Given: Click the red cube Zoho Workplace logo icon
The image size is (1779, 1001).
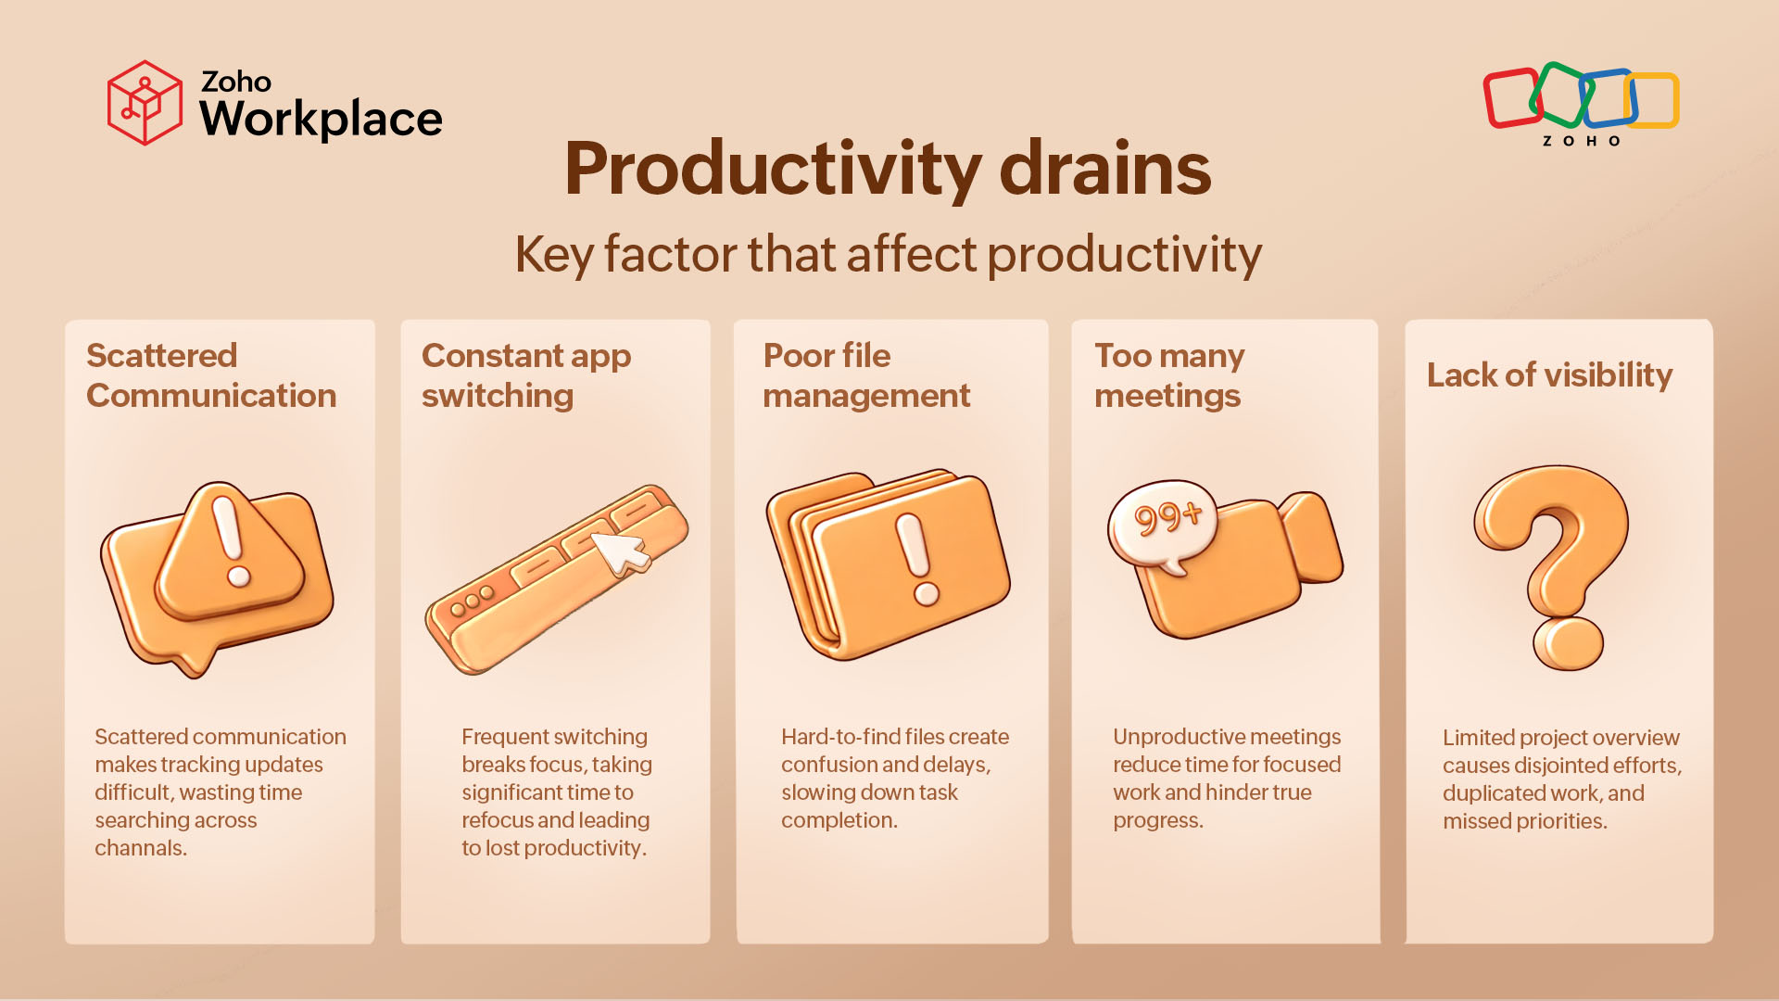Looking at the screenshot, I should [x=145, y=103].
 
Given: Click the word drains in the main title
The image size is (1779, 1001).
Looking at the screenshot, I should [x=1104, y=169].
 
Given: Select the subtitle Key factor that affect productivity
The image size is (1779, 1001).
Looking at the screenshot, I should [x=888, y=254].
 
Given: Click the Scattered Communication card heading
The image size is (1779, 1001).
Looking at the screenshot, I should [x=211, y=375].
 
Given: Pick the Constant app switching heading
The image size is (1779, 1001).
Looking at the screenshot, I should [x=525, y=375].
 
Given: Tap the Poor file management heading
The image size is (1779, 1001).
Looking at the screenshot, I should [x=865, y=375].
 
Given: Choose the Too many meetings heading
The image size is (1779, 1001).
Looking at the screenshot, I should [x=1168, y=375].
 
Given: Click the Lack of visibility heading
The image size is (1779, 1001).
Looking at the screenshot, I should [x=1549, y=374].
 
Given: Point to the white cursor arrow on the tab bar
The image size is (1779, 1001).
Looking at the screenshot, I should [x=620, y=551].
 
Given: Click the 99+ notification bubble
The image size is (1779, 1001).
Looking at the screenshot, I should [x=1165, y=522].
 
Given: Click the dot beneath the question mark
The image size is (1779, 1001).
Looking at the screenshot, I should [x=1568, y=643].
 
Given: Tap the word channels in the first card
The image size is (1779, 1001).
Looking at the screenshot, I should [x=139, y=848].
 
